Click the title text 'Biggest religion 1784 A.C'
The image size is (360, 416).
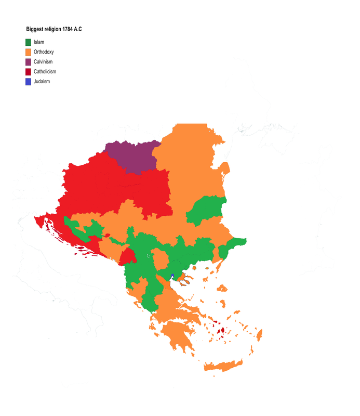tap(54, 29)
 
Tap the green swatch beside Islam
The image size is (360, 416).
tap(29, 42)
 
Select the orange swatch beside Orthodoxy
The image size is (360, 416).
tap(29, 52)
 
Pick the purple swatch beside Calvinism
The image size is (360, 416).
tap(29, 62)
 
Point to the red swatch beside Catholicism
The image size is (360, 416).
tap(29, 72)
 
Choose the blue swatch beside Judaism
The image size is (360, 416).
tap(29, 82)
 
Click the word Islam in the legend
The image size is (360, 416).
tap(39, 42)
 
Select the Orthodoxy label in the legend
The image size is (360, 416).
tap(44, 52)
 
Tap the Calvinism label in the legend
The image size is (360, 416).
tap(43, 62)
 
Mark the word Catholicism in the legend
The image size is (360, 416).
tap(45, 72)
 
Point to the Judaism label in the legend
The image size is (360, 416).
tap(42, 82)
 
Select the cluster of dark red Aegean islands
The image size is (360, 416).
tap(220, 331)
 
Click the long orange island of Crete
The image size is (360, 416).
tap(223, 366)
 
